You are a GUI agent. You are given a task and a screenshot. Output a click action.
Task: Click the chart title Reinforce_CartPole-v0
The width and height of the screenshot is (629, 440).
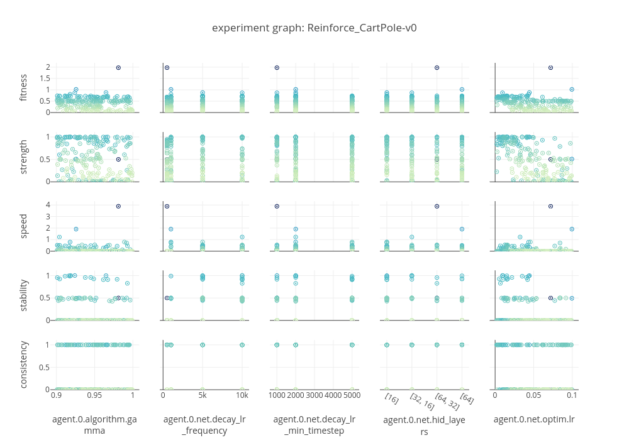314,28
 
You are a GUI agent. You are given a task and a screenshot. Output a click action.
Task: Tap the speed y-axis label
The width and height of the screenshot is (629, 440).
24,226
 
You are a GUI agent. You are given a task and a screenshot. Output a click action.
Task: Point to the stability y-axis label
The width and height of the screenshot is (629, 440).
24,295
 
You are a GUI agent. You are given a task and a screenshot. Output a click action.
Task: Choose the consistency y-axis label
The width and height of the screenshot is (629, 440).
24,365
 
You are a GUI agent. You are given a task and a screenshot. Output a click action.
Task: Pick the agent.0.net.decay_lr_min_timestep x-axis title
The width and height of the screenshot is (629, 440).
314,424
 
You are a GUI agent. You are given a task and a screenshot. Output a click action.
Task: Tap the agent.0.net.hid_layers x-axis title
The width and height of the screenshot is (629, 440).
425,425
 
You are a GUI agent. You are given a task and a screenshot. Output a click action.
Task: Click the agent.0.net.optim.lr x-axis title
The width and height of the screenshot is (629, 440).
534,419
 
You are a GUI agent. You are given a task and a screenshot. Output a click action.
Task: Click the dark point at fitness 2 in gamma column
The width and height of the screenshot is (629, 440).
118,67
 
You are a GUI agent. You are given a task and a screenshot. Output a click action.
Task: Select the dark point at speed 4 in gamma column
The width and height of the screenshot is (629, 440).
118,206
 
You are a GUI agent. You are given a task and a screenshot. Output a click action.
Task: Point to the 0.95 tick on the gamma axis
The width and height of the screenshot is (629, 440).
94,397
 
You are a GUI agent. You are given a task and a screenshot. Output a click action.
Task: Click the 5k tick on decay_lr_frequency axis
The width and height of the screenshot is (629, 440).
203,397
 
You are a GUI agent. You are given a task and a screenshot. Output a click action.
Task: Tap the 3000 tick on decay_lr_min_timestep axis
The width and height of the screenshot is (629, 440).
314,397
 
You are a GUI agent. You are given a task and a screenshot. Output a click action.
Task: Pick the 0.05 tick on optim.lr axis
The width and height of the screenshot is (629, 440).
534,397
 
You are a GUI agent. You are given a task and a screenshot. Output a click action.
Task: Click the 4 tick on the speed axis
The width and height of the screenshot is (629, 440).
48,205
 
